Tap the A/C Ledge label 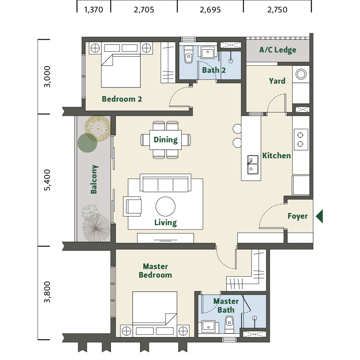[x=278, y=50]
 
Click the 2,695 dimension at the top [x=210, y=10]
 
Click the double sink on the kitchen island [x=252, y=165]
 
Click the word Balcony [x=94, y=179]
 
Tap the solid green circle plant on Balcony [x=87, y=143]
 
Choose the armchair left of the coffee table [x=132, y=206]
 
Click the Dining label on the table [x=166, y=140]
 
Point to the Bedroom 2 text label [x=122, y=99]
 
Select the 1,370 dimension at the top [x=94, y=10]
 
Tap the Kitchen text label [x=276, y=156]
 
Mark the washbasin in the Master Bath [x=208, y=326]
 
